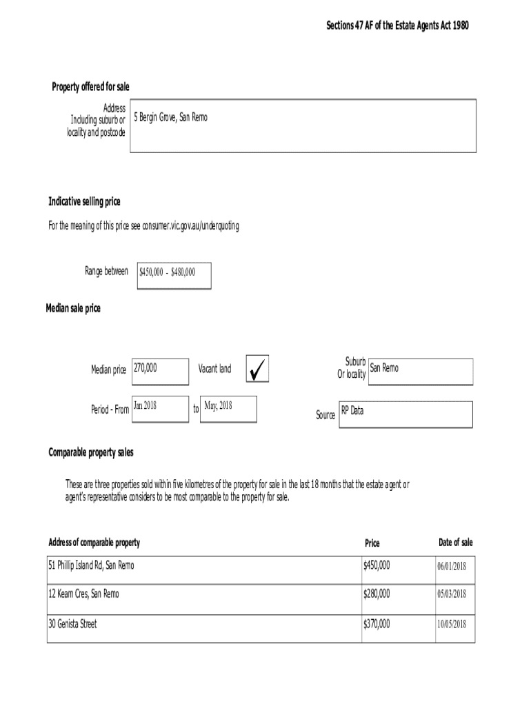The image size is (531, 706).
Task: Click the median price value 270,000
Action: pos(159,370)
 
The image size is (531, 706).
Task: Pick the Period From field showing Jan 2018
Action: pos(159,408)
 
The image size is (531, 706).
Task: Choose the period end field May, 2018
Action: pos(228,408)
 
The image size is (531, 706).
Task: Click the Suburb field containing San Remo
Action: pos(421,371)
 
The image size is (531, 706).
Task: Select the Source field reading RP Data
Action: pos(405,414)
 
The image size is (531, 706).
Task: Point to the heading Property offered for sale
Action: pos(90,86)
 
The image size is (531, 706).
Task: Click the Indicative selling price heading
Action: pos(84,201)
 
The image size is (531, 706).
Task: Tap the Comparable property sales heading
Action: pos(91,452)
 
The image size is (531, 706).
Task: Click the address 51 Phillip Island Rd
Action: pos(92,565)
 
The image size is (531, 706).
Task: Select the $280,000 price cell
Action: pos(377,593)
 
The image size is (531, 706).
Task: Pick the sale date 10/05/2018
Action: pos(452,625)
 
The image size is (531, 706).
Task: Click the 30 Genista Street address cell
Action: pos(72,624)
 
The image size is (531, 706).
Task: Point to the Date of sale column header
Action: pos(455,543)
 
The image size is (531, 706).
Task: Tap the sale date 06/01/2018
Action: pos(452,566)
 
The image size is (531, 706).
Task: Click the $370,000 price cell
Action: pos(377,624)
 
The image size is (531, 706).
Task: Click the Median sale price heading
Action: pos(73,308)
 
